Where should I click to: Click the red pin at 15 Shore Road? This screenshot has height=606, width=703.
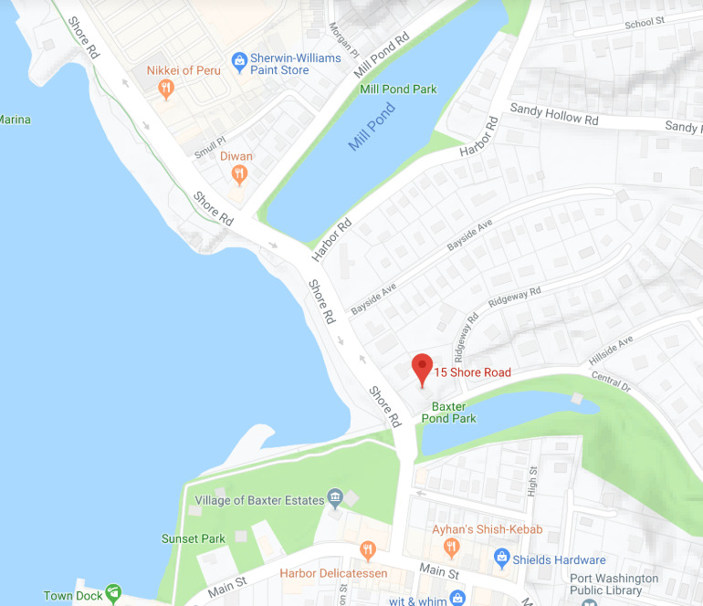click(x=421, y=369)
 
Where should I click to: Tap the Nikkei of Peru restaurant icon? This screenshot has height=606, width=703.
click(x=165, y=88)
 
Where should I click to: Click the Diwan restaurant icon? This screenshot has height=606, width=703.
click(x=239, y=173)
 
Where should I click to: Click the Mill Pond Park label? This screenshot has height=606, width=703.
click(x=398, y=89)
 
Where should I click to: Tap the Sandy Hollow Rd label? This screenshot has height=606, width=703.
click(x=553, y=114)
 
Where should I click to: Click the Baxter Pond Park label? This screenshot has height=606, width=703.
click(x=448, y=412)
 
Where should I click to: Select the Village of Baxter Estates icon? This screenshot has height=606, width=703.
click(x=335, y=499)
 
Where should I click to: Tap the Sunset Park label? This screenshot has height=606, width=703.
click(x=194, y=538)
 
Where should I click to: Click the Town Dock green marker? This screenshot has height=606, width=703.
click(x=112, y=594)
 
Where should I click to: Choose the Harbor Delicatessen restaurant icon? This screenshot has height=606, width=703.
click(x=368, y=549)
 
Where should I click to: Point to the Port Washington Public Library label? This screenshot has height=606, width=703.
click(x=614, y=584)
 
